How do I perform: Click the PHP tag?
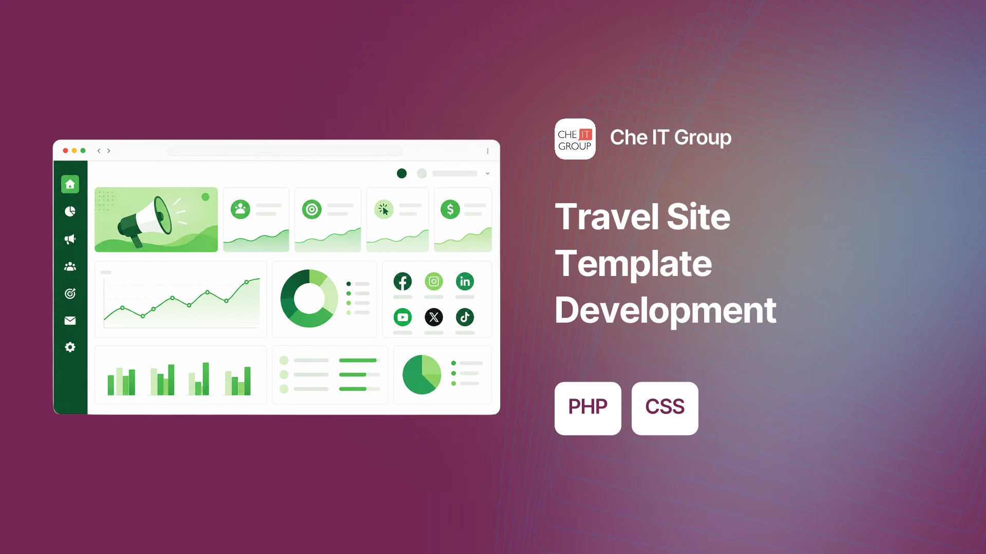587,408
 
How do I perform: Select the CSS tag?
665,408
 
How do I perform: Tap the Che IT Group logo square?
575,139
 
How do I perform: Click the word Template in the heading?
634,264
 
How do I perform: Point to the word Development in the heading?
666,311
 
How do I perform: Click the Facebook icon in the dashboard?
403,281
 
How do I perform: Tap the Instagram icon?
434,281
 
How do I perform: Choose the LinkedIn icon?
465,281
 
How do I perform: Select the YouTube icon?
403,317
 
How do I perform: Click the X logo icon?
434,317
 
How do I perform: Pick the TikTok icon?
465,317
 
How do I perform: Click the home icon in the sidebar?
70,184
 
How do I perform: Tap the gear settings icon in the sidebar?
70,347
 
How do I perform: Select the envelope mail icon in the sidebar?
70,321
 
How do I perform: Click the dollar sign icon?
450,209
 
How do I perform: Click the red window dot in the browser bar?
65,151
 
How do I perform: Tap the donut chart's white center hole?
309,299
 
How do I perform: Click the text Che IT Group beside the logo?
671,138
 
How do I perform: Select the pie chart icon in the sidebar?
70,211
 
